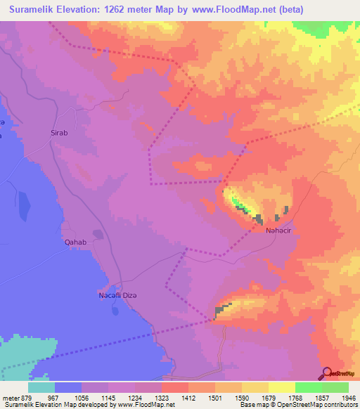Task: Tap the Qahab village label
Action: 75,242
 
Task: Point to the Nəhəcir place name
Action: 278,231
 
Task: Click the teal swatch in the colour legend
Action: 41,387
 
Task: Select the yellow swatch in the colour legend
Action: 281,387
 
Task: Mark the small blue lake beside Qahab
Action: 98,234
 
